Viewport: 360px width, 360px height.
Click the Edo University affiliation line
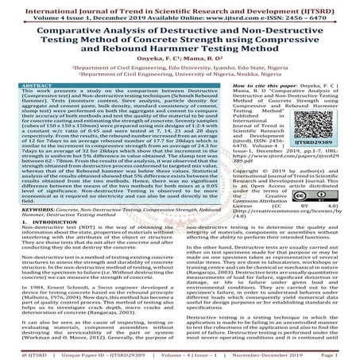180,75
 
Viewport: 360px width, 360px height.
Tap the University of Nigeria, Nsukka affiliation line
180,83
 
